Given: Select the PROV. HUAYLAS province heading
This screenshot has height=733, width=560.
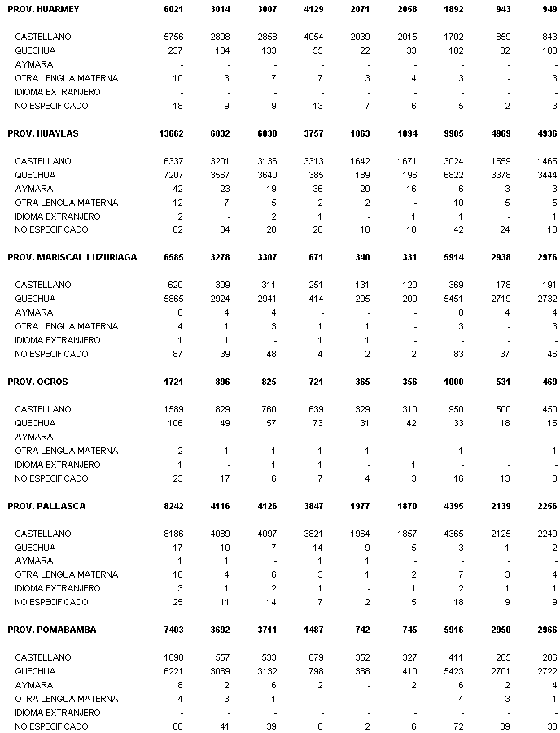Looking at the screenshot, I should click(43, 133).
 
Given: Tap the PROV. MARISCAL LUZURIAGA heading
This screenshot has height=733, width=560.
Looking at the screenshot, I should click(72, 257).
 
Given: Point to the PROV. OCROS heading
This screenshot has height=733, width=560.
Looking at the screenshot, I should click(37, 382).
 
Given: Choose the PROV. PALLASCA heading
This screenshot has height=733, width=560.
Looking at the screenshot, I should click(46, 506).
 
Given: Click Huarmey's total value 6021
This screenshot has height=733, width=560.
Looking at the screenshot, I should click(173, 8).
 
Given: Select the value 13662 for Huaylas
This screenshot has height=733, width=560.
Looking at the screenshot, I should click(171, 133).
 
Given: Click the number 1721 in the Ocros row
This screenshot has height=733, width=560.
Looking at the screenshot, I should click(173, 382).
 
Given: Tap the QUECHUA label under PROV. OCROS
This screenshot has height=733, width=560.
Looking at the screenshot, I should click(35, 423).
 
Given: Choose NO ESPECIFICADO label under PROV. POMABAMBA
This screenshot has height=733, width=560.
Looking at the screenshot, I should click(51, 726).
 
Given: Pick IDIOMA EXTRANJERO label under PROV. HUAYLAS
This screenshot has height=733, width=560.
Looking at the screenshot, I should click(57, 216).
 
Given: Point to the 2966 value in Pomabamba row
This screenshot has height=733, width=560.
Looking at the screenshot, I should click(546, 630).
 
